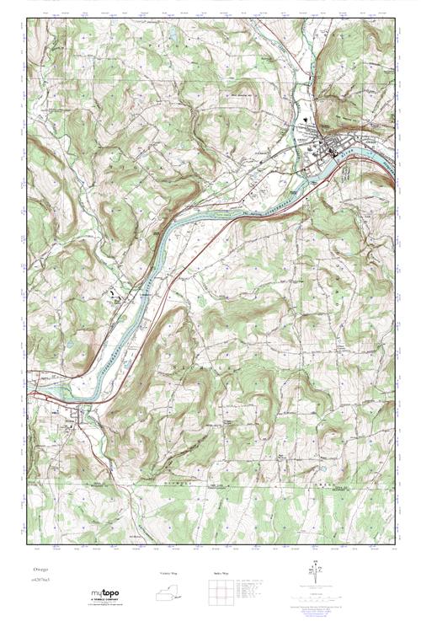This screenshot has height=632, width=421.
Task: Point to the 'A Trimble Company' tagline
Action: coord(107,603)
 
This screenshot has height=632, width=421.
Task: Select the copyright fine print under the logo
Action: coord(107,608)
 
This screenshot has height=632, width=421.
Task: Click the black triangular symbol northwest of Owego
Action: coord(296,120)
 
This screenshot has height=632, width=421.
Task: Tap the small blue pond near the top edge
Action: coord(172,35)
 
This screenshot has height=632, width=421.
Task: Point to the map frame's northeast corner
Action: coord(394,19)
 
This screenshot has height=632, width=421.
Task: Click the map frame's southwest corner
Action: coord(27,549)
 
